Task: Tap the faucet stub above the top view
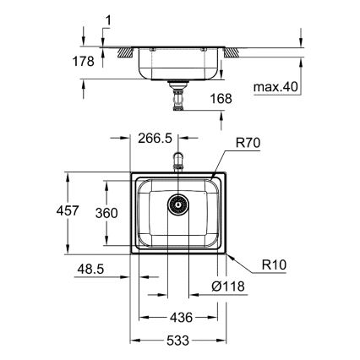coord(177,161)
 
